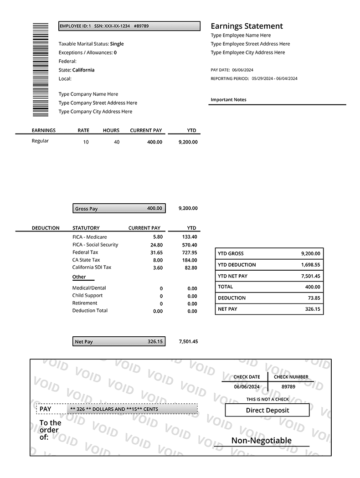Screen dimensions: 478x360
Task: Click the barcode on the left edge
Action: pos(41,69)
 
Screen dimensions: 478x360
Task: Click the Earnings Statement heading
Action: pos(247,26)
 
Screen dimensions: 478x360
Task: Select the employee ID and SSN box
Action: pos(129,26)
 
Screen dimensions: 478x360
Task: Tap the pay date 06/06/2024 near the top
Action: pos(242,70)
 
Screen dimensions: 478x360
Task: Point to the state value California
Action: pos(83,70)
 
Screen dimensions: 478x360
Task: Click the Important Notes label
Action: pos(228,99)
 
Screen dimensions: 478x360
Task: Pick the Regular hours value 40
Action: pos(117,142)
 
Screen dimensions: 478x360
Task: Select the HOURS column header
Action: pos(111,130)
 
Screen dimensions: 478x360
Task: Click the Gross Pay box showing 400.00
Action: pos(119,208)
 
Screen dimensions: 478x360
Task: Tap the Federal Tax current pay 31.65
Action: pos(156,252)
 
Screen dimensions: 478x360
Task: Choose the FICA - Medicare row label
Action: pos(90,237)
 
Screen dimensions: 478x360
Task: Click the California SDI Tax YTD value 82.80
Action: pos(191,268)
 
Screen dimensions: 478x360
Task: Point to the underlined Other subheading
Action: pos(79,277)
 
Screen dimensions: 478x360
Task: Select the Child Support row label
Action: pos(87,295)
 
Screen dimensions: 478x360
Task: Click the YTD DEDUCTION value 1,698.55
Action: pos(311,265)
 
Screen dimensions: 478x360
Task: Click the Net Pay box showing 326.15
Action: pos(119,341)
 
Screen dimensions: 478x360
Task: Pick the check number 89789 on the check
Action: pos(288,386)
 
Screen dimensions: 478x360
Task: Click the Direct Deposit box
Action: pos(267,410)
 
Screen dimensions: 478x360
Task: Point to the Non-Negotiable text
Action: pos(262,440)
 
